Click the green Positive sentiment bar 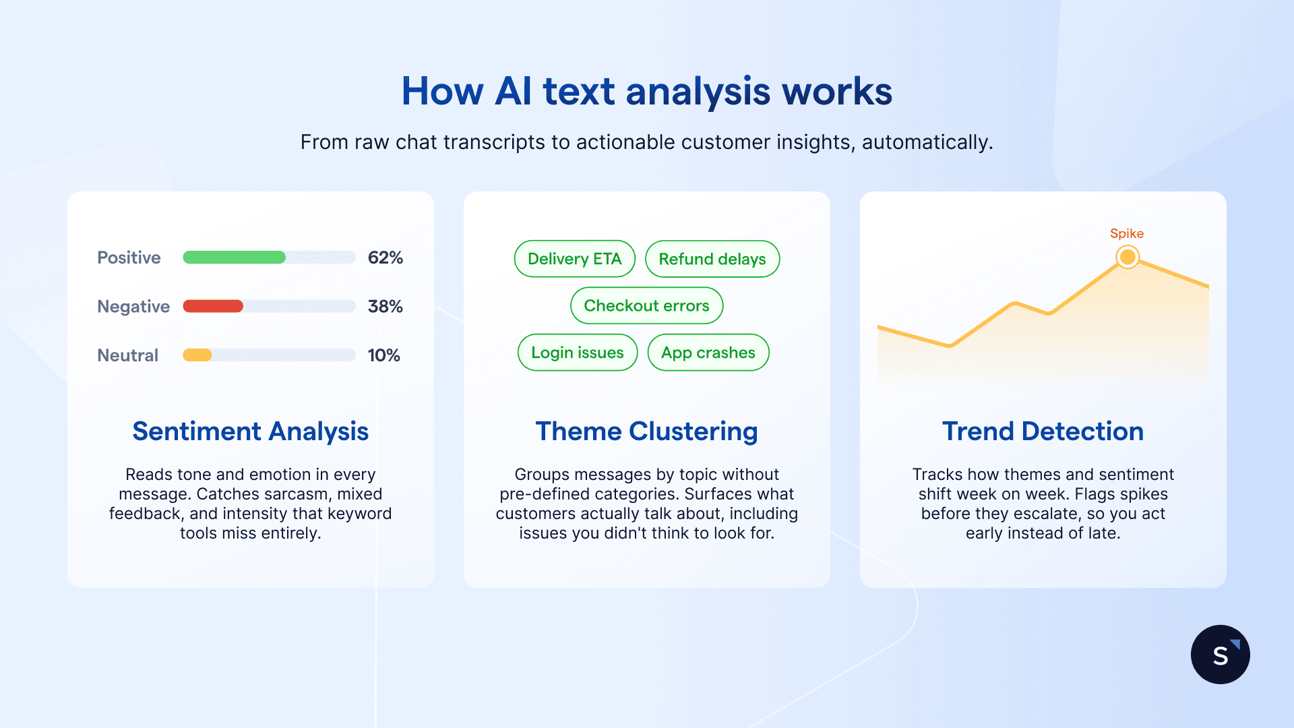coord(234,257)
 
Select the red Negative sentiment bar coord(213,306)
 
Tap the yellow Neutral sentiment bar coord(197,355)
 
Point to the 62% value coord(385,257)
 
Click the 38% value coord(385,306)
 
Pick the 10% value coord(383,355)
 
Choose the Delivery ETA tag coord(574,259)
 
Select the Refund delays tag coord(712,259)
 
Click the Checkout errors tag coord(646,305)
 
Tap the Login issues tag coord(577,353)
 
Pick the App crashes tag coord(708,353)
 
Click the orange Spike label coord(1126,233)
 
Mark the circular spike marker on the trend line coord(1127,257)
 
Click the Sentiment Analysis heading coord(250,431)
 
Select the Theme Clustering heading coord(646,431)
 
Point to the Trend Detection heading coord(1043,431)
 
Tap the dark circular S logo coord(1220,655)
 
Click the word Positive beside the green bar coord(129,257)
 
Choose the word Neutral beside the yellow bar coord(127,355)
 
